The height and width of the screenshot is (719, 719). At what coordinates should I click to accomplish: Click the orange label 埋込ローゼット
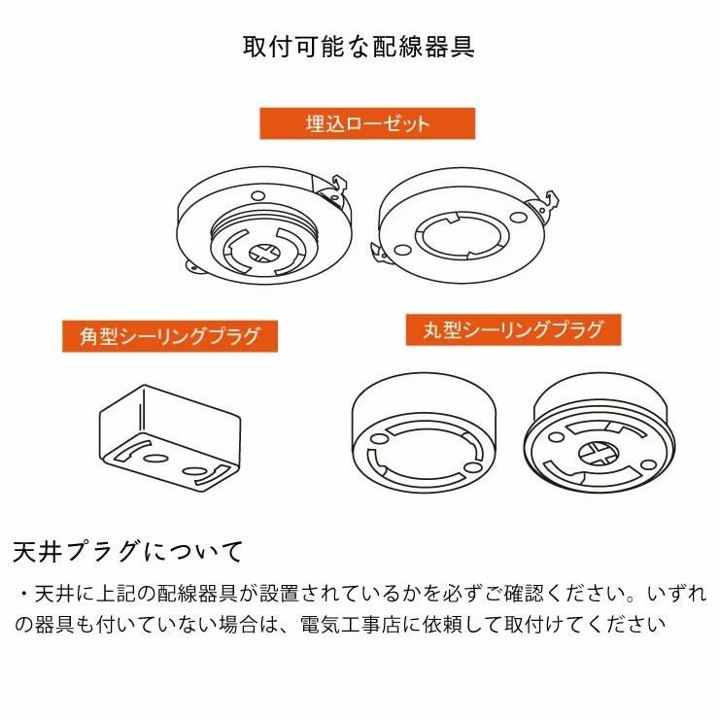pyautogui.click(x=366, y=123)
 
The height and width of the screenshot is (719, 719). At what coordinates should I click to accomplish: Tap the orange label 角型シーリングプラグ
pyautogui.click(x=170, y=337)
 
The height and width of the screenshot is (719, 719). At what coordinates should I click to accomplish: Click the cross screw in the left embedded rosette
pyautogui.click(x=263, y=253)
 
